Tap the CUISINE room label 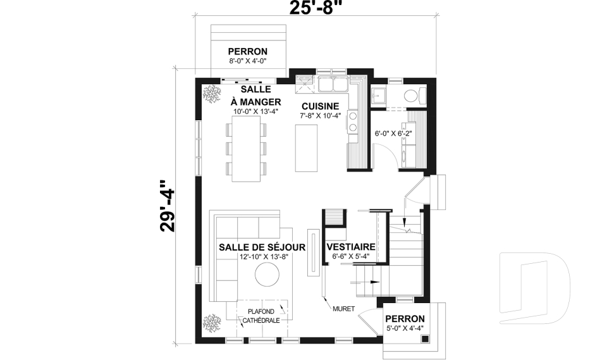[320, 106]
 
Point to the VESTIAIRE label [351, 247]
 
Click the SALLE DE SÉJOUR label [262, 247]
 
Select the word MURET [343, 309]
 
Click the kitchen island [307, 147]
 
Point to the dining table [245, 150]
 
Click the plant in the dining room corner [210, 93]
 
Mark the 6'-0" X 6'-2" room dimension [393, 133]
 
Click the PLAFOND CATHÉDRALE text [261, 316]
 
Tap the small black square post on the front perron [426, 339]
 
